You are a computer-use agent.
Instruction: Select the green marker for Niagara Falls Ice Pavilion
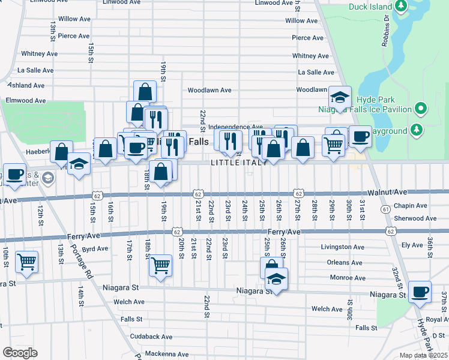pos(421,109)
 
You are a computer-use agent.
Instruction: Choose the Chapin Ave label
pos(411,205)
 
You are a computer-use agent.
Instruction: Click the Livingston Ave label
pos(343,247)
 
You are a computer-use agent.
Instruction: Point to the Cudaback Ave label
pos(151,337)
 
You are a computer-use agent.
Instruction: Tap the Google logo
pos(20,353)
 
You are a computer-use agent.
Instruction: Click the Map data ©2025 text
pos(423,355)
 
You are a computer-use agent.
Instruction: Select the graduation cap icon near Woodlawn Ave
pos(339,98)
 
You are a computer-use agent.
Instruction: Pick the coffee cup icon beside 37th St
pos(420,292)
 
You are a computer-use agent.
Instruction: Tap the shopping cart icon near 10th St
pos(26,261)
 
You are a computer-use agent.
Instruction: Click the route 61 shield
pos(385,209)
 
